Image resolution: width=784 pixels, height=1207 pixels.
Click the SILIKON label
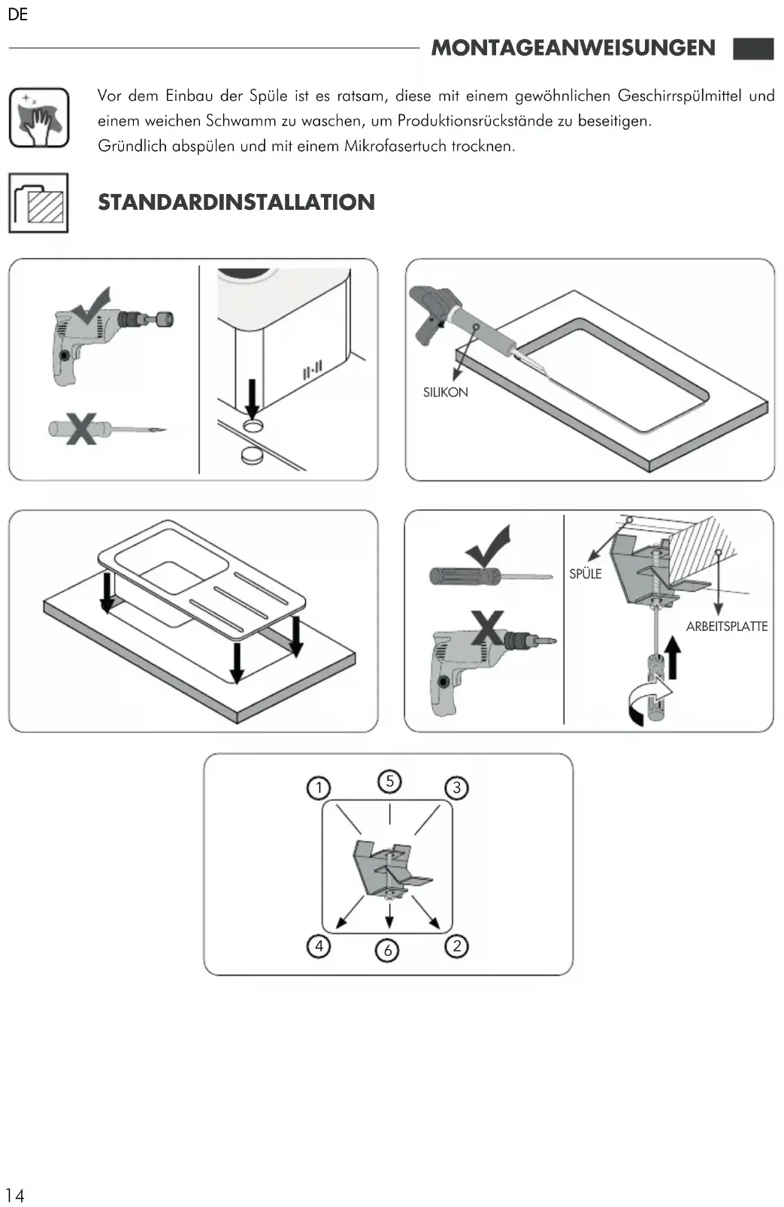coord(445,392)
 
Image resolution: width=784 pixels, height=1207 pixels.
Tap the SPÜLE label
coord(585,574)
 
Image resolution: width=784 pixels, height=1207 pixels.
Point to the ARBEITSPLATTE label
coord(726,626)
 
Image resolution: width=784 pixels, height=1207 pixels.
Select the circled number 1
coord(319,787)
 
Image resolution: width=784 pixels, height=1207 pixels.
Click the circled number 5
coord(389,781)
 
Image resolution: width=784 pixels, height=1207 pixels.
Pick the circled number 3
coord(457,787)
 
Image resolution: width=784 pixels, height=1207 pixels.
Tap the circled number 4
coord(319,945)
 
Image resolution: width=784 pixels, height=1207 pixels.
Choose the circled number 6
coord(388,951)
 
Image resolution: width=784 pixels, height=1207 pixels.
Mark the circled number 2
coord(457,945)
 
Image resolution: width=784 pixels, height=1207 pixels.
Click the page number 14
coord(14,1195)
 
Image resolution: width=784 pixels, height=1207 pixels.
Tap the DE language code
coord(18,15)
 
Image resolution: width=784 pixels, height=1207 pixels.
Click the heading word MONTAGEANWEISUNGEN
coord(573,48)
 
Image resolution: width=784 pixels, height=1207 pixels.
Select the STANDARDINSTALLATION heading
coord(236,202)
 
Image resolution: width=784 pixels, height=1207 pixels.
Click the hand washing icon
coord(39,117)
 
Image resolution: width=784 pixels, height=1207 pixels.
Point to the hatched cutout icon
coord(39,202)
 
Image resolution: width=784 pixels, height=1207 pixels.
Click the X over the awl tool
coord(80,429)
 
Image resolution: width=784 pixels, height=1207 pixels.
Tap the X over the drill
coord(487,627)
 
